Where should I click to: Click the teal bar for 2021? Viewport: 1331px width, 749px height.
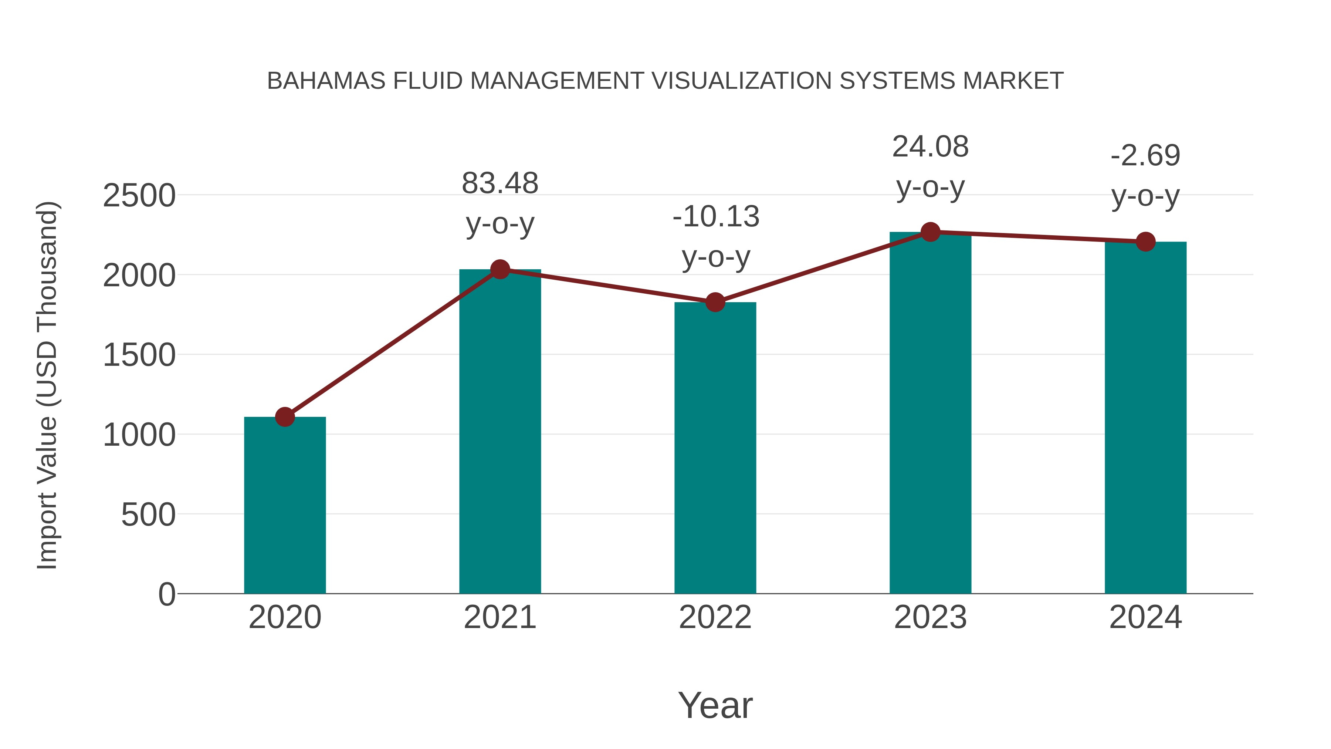[499, 432]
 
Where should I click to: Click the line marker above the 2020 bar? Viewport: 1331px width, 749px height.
[285, 416]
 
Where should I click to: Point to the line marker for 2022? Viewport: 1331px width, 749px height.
[715, 303]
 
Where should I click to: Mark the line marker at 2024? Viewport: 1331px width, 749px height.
[1145, 242]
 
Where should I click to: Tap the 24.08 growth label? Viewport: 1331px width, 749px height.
[930, 147]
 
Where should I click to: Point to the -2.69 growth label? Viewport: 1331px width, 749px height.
[1145, 156]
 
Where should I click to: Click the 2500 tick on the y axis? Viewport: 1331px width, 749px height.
[139, 196]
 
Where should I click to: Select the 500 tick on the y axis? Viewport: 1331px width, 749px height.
[148, 515]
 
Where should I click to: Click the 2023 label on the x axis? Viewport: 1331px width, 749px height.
[930, 617]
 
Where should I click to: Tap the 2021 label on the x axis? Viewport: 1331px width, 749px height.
[499, 617]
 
